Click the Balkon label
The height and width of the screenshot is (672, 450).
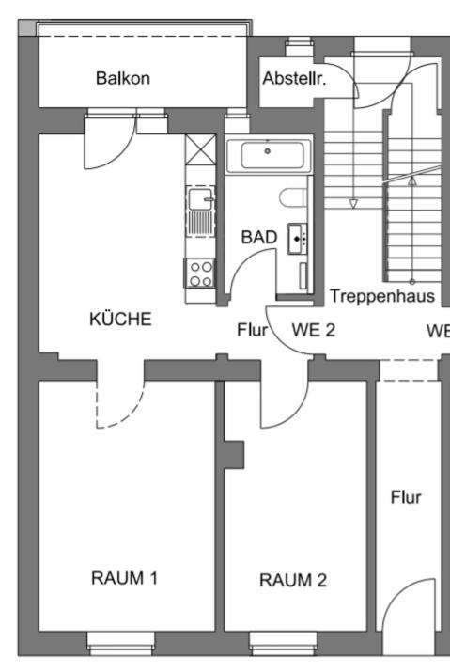pyautogui.click(x=122, y=78)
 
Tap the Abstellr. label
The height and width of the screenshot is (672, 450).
pyautogui.click(x=294, y=78)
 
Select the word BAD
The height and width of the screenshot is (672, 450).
pyautogui.click(x=259, y=237)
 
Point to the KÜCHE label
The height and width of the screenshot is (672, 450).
pyautogui.click(x=120, y=319)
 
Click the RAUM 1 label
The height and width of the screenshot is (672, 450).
pyautogui.click(x=124, y=578)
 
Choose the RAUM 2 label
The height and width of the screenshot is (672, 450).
pyautogui.click(x=293, y=580)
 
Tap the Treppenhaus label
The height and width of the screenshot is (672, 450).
pyautogui.click(x=381, y=296)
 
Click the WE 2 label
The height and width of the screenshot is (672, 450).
pyautogui.click(x=313, y=330)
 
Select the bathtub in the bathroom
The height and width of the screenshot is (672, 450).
pyautogui.click(x=269, y=155)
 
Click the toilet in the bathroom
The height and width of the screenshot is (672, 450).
pyautogui.click(x=293, y=198)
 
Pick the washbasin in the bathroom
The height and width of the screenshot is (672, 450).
pyautogui.click(x=297, y=239)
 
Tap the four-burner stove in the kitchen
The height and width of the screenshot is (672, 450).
pyautogui.click(x=200, y=273)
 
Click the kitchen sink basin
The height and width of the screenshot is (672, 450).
pyautogui.click(x=200, y=198)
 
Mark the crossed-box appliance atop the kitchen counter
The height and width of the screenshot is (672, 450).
pyautogui.click(x=200, y=149)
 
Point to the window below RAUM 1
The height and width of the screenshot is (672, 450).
pyautogui.click(x=120, y=643)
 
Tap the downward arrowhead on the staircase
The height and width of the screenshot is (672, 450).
pyautogui.click(x=353, y=204)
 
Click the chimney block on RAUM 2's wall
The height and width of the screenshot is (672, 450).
pyautogui.click(x=235, y=454)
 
